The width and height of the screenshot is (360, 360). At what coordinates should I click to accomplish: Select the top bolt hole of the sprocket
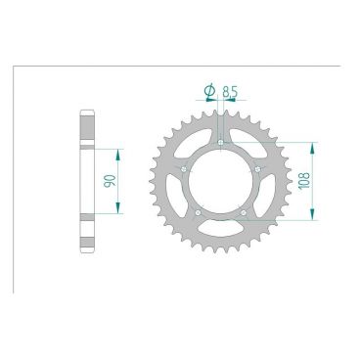(223, 144)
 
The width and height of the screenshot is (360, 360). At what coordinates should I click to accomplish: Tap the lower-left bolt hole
(199, 215)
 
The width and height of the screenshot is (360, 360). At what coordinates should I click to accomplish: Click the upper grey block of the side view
(85, 126)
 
